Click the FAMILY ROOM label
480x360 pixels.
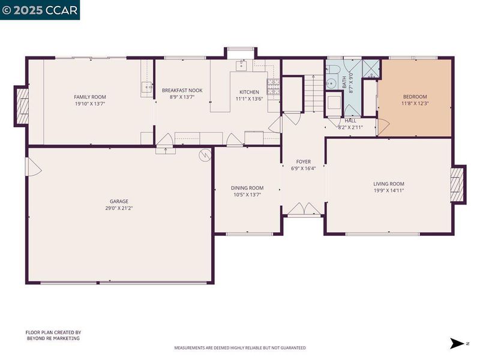(90, 97)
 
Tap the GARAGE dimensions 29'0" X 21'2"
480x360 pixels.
(119, 208)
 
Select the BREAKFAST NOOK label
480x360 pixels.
(182, 91)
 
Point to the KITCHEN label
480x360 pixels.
(249, 92)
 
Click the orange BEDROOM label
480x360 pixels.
(415, 97)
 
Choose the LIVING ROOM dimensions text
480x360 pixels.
(389, 190)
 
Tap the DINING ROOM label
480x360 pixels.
(247, 188)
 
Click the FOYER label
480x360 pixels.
(304, 161)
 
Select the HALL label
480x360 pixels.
(350, 121)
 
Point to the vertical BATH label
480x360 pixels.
(344, 82)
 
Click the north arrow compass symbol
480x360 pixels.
(457, 343)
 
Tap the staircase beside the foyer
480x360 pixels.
(313, 93)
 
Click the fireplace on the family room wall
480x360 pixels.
(22, 106)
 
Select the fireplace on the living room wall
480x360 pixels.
(458, 184)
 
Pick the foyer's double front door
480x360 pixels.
(304, 208)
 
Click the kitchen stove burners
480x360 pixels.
(273, 86)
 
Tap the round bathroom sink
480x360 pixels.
(331, 83)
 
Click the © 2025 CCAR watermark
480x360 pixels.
(40, 10)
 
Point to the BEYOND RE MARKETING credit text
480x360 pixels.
(53, 338)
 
